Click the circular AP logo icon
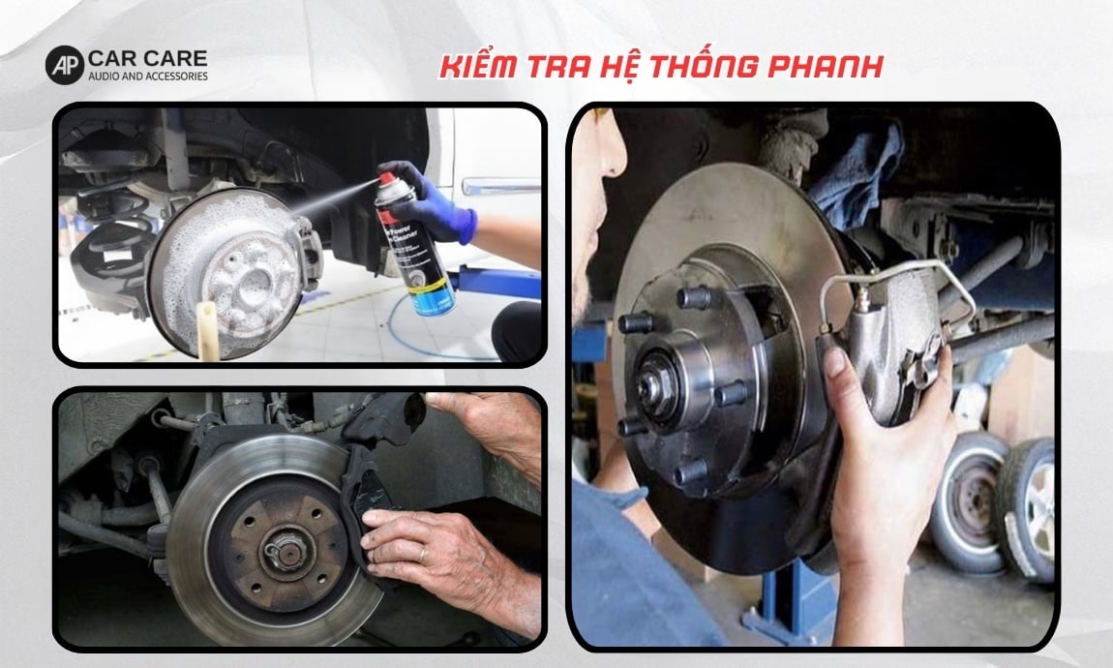point(65,65)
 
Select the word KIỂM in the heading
point(477,68)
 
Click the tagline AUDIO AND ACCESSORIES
point(147,76)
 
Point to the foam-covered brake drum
point(227,271)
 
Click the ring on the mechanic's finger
point(422,555)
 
